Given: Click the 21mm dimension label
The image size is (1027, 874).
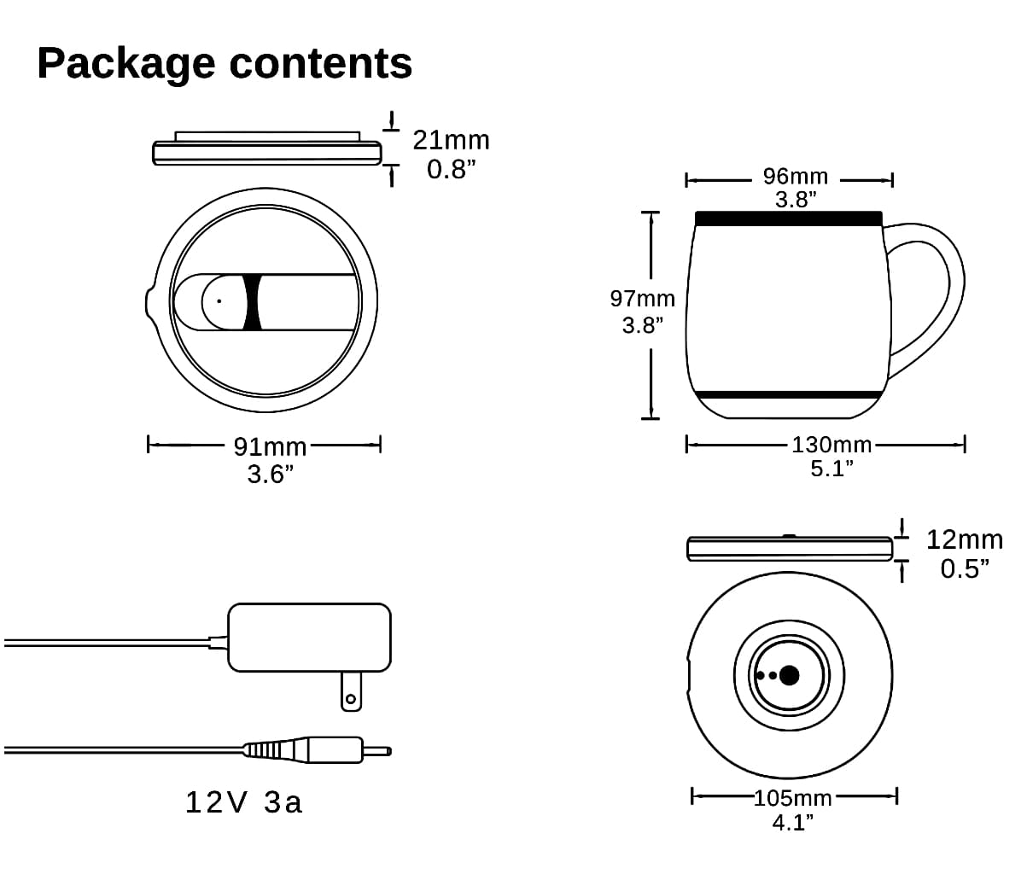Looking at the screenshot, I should [451, 140].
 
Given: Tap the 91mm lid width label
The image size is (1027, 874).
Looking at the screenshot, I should [270, 446].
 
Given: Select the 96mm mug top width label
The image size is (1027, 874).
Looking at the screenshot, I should [795, 177].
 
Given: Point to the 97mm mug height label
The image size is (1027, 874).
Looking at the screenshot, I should [642, 300].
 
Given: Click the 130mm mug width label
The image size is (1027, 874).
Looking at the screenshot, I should [832, 445].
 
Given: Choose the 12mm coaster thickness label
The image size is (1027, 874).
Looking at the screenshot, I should [964, 539].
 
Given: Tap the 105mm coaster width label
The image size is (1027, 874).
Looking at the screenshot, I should [792, 799].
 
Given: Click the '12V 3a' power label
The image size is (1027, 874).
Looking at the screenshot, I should [244, 802].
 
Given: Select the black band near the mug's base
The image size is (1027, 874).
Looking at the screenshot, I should [788, 395].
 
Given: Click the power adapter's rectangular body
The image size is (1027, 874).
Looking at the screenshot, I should [310, 637].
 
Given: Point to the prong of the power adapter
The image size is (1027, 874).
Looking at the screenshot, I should [349, 691].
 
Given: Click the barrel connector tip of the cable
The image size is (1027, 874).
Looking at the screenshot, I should [376, 751].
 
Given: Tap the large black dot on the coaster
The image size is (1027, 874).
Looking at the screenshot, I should [790, 675].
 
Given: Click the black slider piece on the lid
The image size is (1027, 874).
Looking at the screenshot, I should [251, 302].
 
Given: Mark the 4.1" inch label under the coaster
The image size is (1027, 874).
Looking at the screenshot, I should [792, 824].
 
